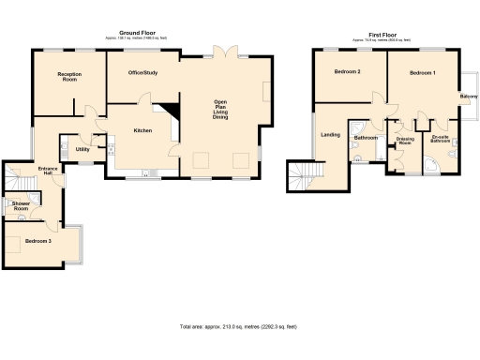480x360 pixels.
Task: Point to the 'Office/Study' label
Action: coord(143,72)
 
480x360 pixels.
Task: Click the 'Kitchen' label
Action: coord(142,130)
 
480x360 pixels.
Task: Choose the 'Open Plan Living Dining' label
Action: coord(221,109)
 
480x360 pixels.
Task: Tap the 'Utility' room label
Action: coord(82,148)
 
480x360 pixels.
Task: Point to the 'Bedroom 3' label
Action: coord(38,241)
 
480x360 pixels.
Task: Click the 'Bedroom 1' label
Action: coord(422,72)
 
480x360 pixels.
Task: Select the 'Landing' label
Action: coord(330,135)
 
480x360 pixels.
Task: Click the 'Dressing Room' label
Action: coord(405,141)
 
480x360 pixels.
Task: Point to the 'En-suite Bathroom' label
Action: coord(439,141)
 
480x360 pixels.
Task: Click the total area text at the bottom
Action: coord(238,326)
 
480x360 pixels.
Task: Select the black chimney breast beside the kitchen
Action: coord(170,110)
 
